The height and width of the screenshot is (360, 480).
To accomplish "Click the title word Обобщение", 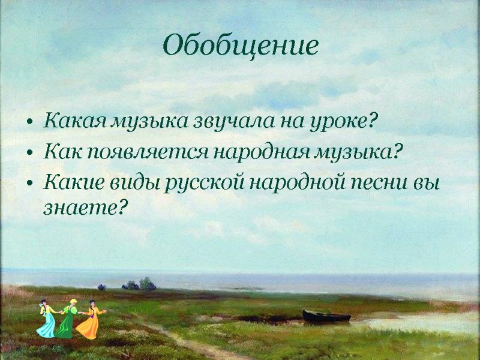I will pyautogui.click(x=240, y=46).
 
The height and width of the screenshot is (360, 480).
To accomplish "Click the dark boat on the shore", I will pyautogui.click(x=326, y=316).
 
